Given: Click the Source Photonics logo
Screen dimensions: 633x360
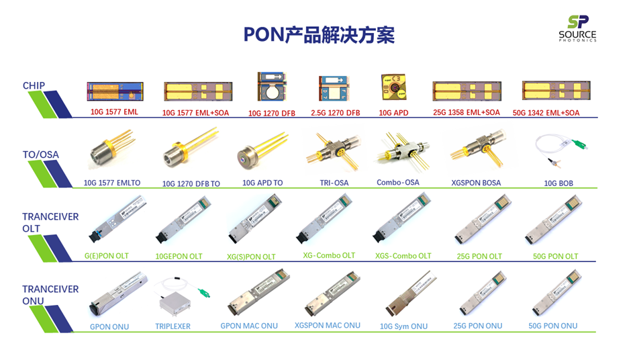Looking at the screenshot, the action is tap(577, 28).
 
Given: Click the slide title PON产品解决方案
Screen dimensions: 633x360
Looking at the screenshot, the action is tap(319, 35).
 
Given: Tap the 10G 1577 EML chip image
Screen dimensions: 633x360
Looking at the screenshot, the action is tap(115, 91).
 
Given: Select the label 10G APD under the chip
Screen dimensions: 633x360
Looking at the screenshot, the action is tap(393, 113).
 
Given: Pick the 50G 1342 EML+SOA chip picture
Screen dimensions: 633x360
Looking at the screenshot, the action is tap(556, 90).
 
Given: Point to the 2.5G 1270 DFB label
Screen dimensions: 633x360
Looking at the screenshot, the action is tap(335, 113).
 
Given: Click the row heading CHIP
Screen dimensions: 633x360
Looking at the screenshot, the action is tap(34, 86).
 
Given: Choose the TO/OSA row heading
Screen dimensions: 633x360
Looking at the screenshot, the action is tap(41, 154).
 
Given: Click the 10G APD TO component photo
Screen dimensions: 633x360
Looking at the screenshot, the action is tap(262, 152).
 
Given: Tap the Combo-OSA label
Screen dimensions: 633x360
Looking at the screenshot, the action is tap(398, 182).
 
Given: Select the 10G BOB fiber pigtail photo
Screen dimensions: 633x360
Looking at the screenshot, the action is tap(561, 150).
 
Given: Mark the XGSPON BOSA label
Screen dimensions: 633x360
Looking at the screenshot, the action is tap(476, 183).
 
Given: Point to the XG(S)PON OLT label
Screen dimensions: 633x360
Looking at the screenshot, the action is tap(251, 257).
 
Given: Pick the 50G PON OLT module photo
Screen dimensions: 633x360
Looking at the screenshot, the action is tap(554, 220).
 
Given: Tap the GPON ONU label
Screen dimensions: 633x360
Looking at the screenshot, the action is tap(109, 326).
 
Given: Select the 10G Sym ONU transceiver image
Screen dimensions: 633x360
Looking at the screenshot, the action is tap(411, 294).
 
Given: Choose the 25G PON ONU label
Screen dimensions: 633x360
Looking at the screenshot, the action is tap(477, 326).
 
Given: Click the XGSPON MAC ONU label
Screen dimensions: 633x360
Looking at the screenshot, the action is tap(328, 325).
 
